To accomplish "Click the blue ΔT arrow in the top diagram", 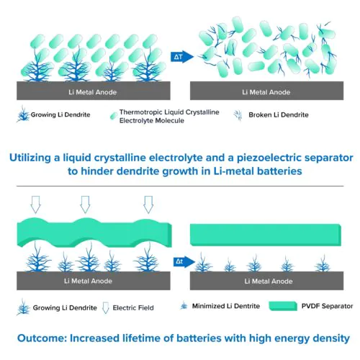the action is [x=182, y=57].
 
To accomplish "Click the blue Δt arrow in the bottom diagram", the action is [x=184, y=261].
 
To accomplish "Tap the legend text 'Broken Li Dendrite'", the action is [x=279, y=115].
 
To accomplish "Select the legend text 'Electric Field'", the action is [x=133, y=308].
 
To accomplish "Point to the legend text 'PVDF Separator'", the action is [x=327, y=306].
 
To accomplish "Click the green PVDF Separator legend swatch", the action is [x=283, y=306].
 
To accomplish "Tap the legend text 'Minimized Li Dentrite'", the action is [x=226, y=306].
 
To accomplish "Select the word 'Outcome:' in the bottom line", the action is [x=42, y=338].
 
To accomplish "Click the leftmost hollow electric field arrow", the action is [x=36, y=204].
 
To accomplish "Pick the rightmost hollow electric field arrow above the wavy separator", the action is [x=148, y=204].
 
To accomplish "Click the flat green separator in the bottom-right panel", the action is [x=266, y=235].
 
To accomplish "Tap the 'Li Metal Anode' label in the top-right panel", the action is [x=266, y=92].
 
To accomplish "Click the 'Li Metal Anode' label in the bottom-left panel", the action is [x=88, y=281].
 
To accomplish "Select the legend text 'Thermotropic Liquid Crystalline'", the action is [x=169, y=112].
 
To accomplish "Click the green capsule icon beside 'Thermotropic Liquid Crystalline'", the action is [x=114, y=116].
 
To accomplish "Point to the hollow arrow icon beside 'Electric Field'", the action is [x=106, y=308].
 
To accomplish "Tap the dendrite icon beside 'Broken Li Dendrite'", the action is [x=238, y=115].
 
